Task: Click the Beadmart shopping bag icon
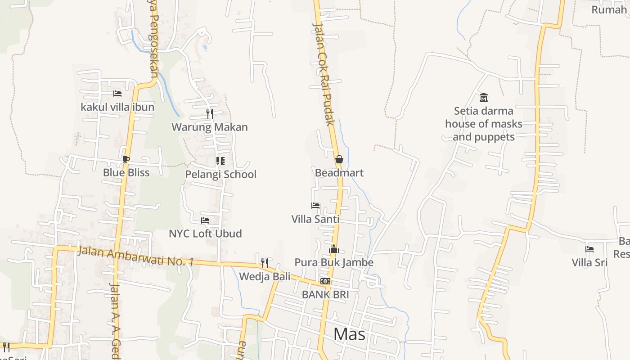click(x=339, y=159)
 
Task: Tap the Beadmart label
click(x=339, y=173)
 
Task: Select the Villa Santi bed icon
click(x=315, y=206)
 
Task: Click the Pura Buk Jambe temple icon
click(x=334, y=249)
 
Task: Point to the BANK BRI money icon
click(x=325, y=281)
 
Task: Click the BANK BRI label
click(x=325, y=295)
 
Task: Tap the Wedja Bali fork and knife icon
click(x=265, y=263)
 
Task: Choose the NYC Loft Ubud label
click(x=205, y=234)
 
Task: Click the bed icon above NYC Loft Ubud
click(x=205, y=220)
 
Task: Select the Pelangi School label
click(x=221, y=175)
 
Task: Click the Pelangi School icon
click(x=220, y=161)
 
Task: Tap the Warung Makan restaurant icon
click(x=210, y=113)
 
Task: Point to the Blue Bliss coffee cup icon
click(x=126, y=159)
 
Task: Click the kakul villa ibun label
click(x=117, y=107)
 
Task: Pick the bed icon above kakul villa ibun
click(x=117, y=94)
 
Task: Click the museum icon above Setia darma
click(x=484, y=97)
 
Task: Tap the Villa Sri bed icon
click(x=589, y=249)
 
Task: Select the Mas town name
click(x=350, y=334)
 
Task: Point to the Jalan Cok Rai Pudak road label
click(x=324, y=74)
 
